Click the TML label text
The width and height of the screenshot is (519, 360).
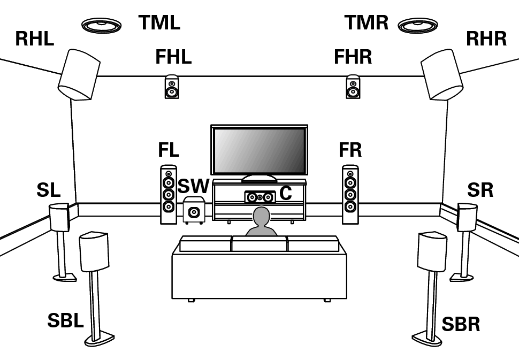click(x=159, y=23)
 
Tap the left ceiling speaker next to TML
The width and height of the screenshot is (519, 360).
click(x=101, y=25)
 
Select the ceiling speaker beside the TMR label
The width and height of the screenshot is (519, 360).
click(x=418, y=25)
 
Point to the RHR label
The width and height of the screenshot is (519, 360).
click(x=486, y=39)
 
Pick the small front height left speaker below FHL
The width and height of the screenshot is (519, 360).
click(x=172, y=87)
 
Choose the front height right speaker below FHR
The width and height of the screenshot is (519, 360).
click(x=353, y=87)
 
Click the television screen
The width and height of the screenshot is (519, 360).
click(x=259, y=150)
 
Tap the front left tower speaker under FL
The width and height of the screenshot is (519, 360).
click(x=169, y=195)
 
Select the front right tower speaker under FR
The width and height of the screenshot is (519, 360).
click(x=350, y=195)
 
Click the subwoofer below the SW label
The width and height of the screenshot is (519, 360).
click(x=194, y=210)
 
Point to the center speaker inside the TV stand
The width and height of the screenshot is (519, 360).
click(x=259, y=197)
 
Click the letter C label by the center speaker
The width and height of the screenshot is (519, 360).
click(x=286, y=193)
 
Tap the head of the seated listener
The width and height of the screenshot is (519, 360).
click(x=261, y=217)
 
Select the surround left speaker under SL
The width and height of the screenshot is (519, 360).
click(x=59, y=217)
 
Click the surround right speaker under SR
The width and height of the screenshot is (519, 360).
click(x=467, y=217)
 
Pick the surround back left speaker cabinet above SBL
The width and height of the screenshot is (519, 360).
click(x=94, y=251)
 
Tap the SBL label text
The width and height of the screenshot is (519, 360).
click(x=65, y=321)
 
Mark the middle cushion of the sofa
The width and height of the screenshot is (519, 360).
click(x=259, y=244)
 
